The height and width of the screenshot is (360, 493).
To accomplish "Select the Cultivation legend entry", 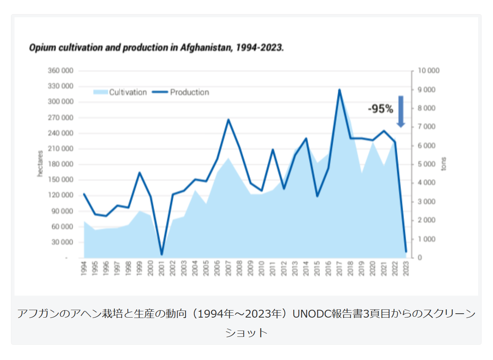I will (120, 92).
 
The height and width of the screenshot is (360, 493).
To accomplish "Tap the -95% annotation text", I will (380, 109).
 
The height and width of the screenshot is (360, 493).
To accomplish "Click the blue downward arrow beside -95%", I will (401, 111).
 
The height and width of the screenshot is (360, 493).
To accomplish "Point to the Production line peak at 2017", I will (339, 90).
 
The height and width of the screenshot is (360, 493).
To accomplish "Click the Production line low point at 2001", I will (161, 254).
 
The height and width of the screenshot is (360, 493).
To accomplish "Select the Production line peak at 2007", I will (228, 119).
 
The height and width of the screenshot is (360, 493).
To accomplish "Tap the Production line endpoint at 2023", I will (406, 251).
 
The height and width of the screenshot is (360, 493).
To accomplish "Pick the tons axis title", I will (444, 164).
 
